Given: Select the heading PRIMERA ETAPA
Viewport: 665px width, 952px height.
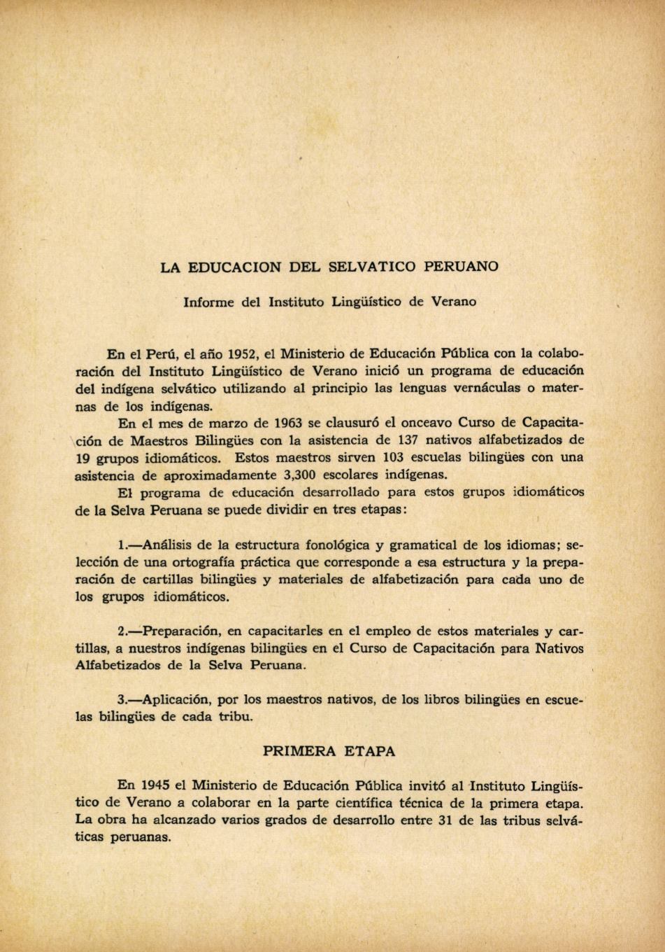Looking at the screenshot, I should pyautogui.click(x=329, y=751).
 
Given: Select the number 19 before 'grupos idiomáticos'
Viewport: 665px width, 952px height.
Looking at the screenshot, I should pyautogui.click(x=85, y=458).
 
